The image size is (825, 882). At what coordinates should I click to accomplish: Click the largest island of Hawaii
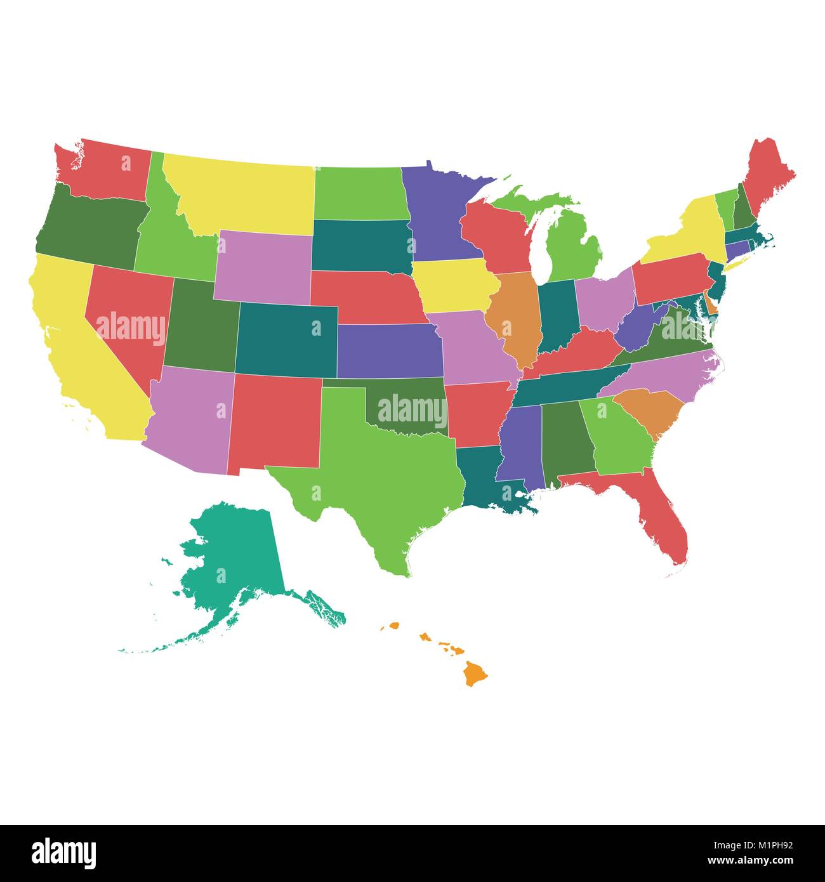(475, 673)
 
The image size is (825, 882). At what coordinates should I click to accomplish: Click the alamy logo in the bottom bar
(64, 853)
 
